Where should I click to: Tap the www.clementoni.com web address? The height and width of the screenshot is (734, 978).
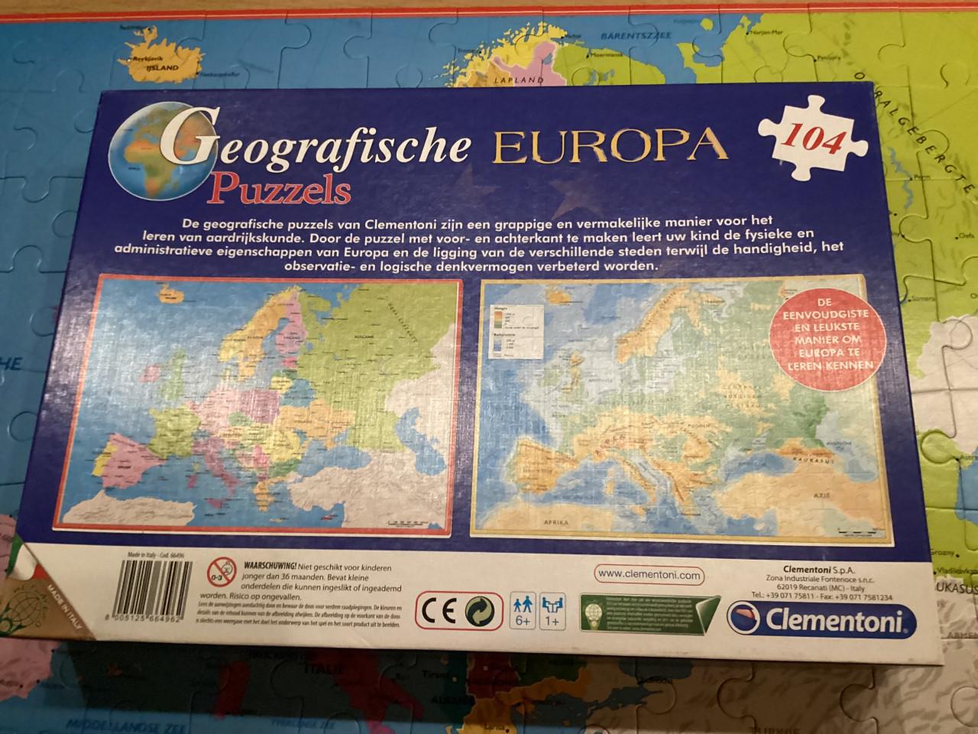point(647,574)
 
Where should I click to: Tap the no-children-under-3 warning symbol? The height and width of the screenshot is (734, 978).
point(217,570)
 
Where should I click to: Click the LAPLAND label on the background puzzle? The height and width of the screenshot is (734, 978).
point(517,79)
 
